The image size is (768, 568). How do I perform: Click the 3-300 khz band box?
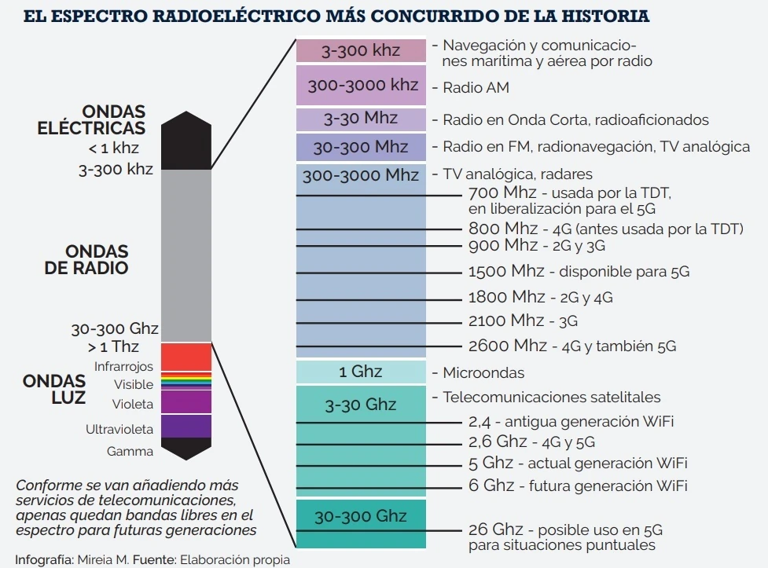pos(361,50)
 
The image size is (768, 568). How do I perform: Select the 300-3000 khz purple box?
pos(361,85)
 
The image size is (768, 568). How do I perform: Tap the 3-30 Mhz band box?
pos(361,119)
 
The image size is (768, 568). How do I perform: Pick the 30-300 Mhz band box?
pos(361,147)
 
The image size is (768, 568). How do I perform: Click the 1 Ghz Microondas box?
pos(361,372)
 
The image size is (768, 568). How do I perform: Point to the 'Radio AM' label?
pos(476,87)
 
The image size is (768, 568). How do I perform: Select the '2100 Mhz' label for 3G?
pos(505,321)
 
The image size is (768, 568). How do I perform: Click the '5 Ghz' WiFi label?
pos(491,462)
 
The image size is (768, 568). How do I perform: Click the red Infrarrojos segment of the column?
pos(186,357)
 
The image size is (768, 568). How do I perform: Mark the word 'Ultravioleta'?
pos(119,430)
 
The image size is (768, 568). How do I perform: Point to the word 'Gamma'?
pos(130,451)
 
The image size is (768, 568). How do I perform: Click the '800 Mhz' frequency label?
pos(504,229)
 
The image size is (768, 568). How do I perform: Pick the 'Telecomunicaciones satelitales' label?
pos(552,397)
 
